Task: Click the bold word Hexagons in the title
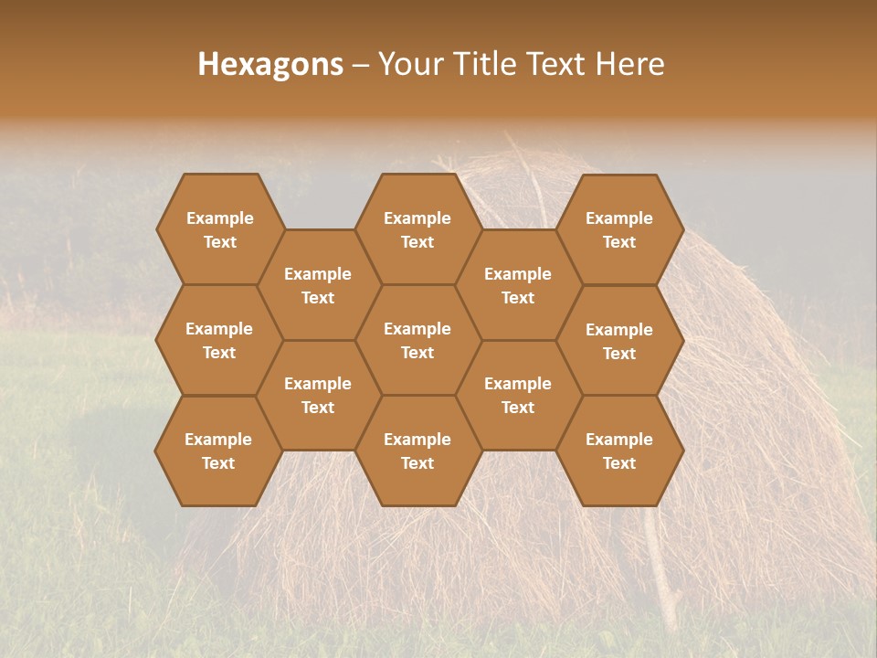[x=270, y=64]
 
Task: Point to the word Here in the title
[x=629, y=64]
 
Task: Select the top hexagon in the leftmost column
[x=219, y=229]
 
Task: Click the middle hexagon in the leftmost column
[x=219, y=340]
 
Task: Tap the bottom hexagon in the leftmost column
[x=218, y=451]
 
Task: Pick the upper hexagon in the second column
[x=318, y=285]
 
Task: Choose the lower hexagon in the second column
[x=318, y=395]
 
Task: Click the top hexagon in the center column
[x=417, y=229]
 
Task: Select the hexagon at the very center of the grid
[x=417, y=340]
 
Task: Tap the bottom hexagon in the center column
[x=417, y=451]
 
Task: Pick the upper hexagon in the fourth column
[x=518, y=285]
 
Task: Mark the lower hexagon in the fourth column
[x=518, y=395]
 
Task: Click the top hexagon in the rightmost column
[x=619, y=229]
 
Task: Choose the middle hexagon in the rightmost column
[x=619, y=341]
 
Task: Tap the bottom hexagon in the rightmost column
[x=619, y=451]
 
